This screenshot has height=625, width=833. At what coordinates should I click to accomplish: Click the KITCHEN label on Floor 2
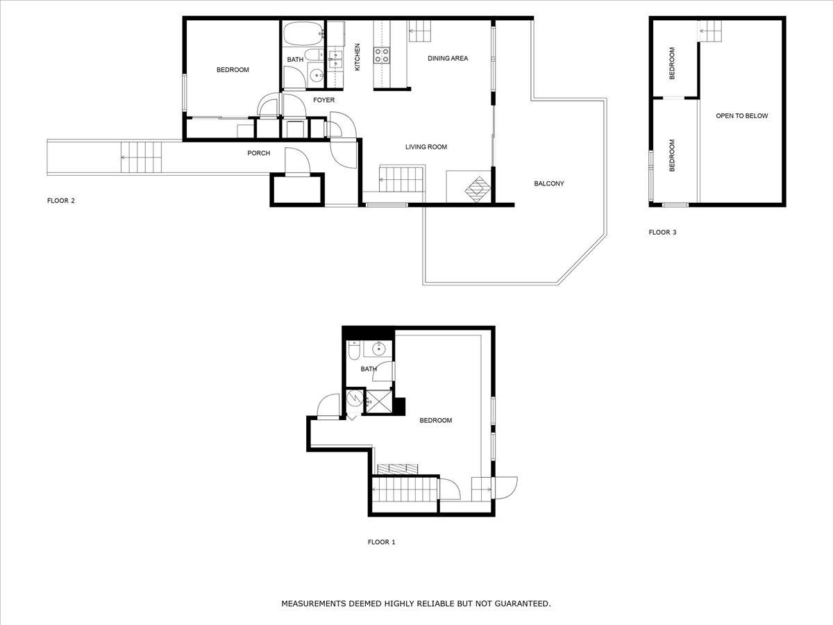(x=357, y=57)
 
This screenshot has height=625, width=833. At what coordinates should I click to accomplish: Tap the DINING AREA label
(x=448, y=58)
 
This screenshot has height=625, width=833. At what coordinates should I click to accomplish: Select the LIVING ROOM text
(x=426, y=147)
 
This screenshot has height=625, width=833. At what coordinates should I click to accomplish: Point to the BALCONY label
(x=549, y=183)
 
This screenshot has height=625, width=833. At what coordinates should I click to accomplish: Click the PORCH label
(x=259, y=153)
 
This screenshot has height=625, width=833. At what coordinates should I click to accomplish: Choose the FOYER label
(x=323, y=100)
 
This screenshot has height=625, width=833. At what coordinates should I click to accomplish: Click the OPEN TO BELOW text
(x=742, y=116)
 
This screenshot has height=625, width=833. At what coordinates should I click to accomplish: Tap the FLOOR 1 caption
(x=381, y=542)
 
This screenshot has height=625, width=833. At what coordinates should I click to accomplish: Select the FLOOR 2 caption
(x=60, y=201)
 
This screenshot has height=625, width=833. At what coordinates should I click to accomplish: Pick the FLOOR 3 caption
(x=663, y=233)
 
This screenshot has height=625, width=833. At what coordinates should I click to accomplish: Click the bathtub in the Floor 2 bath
(x=303, y=33)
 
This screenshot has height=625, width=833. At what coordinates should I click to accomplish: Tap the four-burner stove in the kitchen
(x=382, y=56)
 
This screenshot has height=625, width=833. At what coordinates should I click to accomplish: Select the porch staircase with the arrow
(x=141, y=157)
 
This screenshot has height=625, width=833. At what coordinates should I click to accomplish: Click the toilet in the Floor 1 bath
(x=354, y=350)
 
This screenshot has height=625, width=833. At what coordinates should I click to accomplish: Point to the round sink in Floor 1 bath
(x=379, y=349)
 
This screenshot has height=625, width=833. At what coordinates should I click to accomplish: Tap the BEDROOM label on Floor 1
(x=436, y=420)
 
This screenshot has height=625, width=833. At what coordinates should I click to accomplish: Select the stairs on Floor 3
(x=710, y=31)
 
